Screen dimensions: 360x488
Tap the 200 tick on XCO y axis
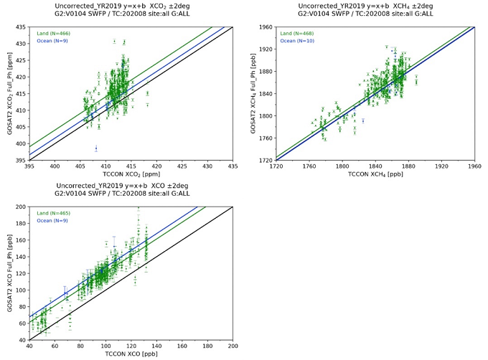coord(19,207)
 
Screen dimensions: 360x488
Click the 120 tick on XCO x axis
coord(131,346)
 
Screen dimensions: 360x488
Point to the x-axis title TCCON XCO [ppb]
coord(131,356)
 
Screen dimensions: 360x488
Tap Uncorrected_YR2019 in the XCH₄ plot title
coord(328,7)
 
